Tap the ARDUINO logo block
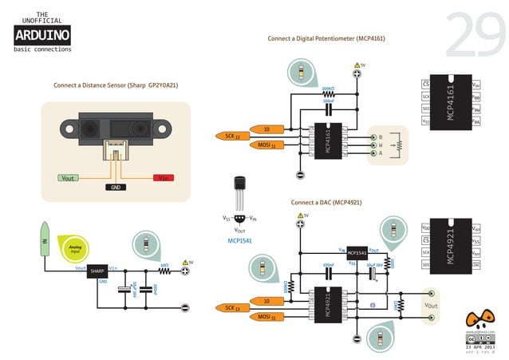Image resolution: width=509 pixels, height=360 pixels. point(42,35)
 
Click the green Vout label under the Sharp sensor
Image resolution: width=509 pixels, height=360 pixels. point(68,178)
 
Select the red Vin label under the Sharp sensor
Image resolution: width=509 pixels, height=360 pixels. point(164,178)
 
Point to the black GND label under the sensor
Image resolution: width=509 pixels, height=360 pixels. point(116,187)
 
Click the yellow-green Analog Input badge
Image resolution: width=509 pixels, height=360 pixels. point(77,248)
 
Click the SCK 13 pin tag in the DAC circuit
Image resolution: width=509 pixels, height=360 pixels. point(233,307)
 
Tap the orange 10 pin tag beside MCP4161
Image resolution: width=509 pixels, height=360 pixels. point(268,129)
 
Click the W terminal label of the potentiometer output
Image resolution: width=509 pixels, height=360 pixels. point(380,144)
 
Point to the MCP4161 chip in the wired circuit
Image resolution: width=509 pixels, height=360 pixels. point(326,140)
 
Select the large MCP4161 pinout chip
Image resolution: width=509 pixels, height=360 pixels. point(452,103)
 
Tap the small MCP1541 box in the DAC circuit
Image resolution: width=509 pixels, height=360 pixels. point(357,253)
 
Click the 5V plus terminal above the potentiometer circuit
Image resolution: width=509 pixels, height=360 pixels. point(357,74)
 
